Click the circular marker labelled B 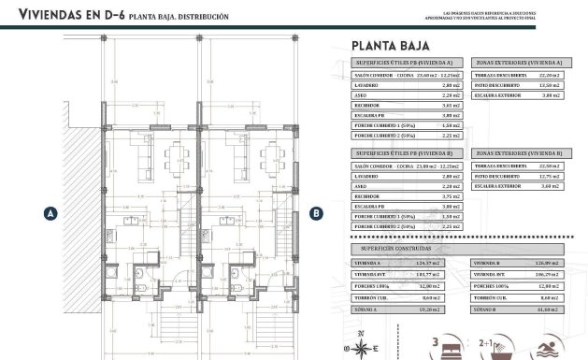[317, 213]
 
